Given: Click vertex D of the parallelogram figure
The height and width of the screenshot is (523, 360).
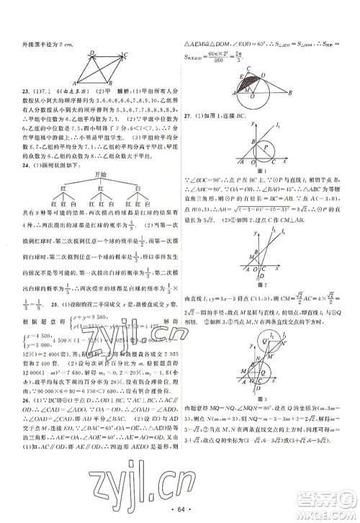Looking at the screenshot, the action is click(x=92, y=53).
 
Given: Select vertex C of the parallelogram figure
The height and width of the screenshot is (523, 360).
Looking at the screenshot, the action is click(x=127, y=55).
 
